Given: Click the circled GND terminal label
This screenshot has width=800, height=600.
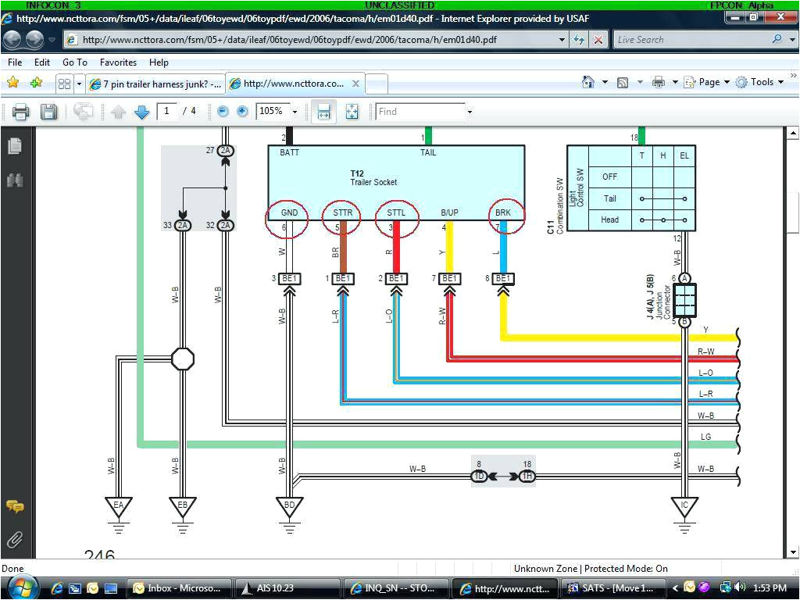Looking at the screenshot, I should tap(289, 212).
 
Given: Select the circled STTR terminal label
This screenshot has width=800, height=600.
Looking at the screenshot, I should tap(341, 212).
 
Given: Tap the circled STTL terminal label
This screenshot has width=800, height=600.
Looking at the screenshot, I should tap(396, 212).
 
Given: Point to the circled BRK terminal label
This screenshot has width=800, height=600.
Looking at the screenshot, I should tap(504, 212).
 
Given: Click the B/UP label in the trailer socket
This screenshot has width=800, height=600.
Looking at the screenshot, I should tap(449, 212).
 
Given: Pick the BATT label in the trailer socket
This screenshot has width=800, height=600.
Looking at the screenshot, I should tap(290, 153).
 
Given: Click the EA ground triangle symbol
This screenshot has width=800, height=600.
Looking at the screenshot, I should tap(119, 507).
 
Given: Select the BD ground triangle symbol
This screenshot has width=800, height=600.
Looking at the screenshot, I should tap(289, 507).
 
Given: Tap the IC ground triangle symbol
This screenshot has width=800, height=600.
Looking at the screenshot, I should tap(684, 507).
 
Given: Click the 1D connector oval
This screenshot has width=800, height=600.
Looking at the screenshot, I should tap(479, 476).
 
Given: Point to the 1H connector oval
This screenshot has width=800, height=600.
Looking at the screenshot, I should tap(527, 476).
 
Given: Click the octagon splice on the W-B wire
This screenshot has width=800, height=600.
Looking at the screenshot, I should tap(182, 359).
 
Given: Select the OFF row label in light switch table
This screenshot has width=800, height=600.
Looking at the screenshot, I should tap(609, 177).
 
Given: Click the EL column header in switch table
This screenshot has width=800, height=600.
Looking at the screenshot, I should tap(684, 155).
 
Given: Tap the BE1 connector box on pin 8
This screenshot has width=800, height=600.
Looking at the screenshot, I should tap(504, 278).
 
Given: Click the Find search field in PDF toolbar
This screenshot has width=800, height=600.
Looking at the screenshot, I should tap(420, 112).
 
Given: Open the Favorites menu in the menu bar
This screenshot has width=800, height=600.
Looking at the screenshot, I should tap(118, 62).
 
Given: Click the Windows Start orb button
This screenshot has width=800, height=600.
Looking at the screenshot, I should tap(22, 587).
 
